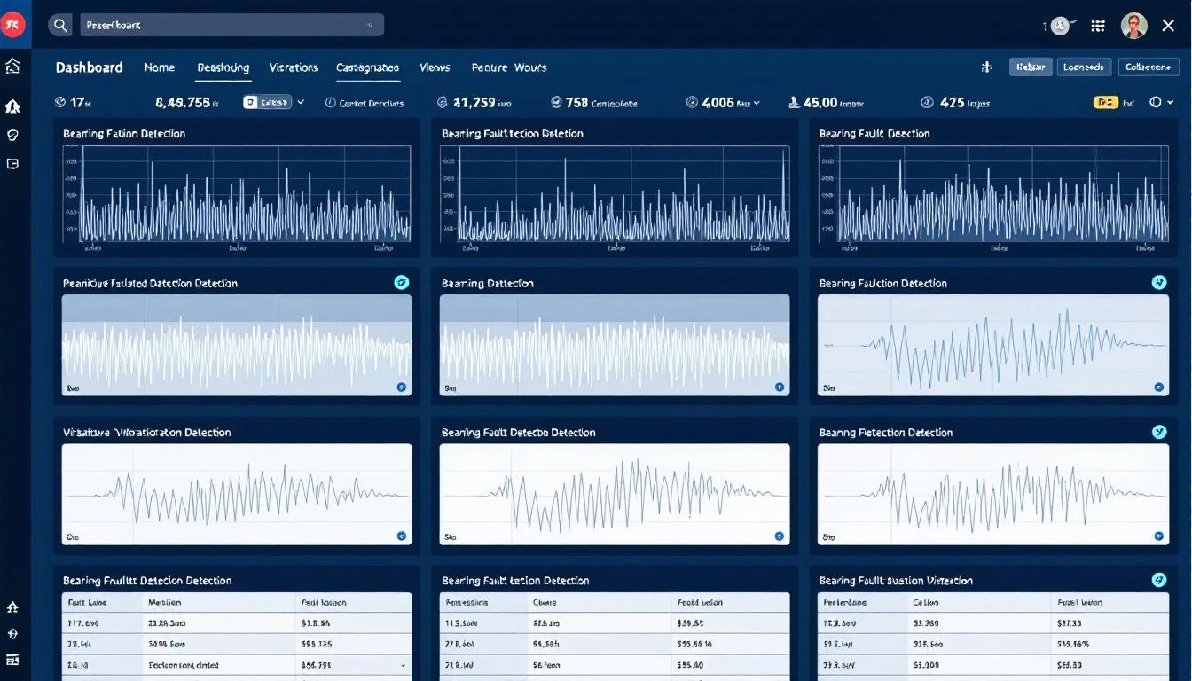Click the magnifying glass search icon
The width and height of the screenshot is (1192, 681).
[x=60, y=25]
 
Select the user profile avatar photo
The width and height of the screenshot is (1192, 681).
[x=1133, y=26]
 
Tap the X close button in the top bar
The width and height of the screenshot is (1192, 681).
[x=1168, y=26]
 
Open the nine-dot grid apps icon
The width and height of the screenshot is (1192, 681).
[x=1098, y=26]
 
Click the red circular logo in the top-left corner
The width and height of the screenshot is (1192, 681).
[x=13, y=25]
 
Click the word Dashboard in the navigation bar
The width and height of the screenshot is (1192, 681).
[x=89, y=67]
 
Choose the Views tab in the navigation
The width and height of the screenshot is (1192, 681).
[x=435, y=67]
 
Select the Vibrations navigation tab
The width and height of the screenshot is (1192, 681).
[x=293, y=67]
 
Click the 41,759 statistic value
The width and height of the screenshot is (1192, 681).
[x=474, y=103]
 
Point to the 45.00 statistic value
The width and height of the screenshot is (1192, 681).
[x=820, y=103]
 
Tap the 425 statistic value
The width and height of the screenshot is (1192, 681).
[x=952, y=103]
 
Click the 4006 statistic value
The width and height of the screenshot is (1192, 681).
[x=718, y=103]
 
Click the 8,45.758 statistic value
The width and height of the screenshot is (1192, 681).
[x=183, y=103]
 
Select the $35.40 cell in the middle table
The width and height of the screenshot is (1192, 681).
[x=690, y=664]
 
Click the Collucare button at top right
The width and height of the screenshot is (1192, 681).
[x=1149, y=67]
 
